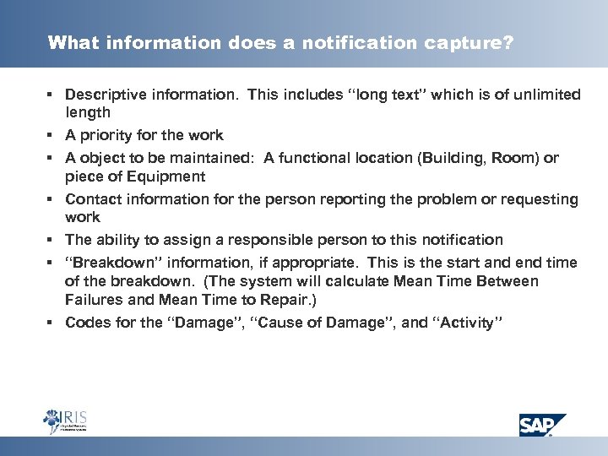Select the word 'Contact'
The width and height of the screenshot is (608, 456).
[90, 199]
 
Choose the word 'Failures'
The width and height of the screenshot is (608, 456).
[92, 300]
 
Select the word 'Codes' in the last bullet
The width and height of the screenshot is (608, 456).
[84, 322]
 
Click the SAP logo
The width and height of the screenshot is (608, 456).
[543, 423]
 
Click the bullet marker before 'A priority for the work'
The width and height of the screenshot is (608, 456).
[53, 136]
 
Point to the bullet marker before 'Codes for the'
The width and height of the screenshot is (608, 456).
[53, 323]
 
